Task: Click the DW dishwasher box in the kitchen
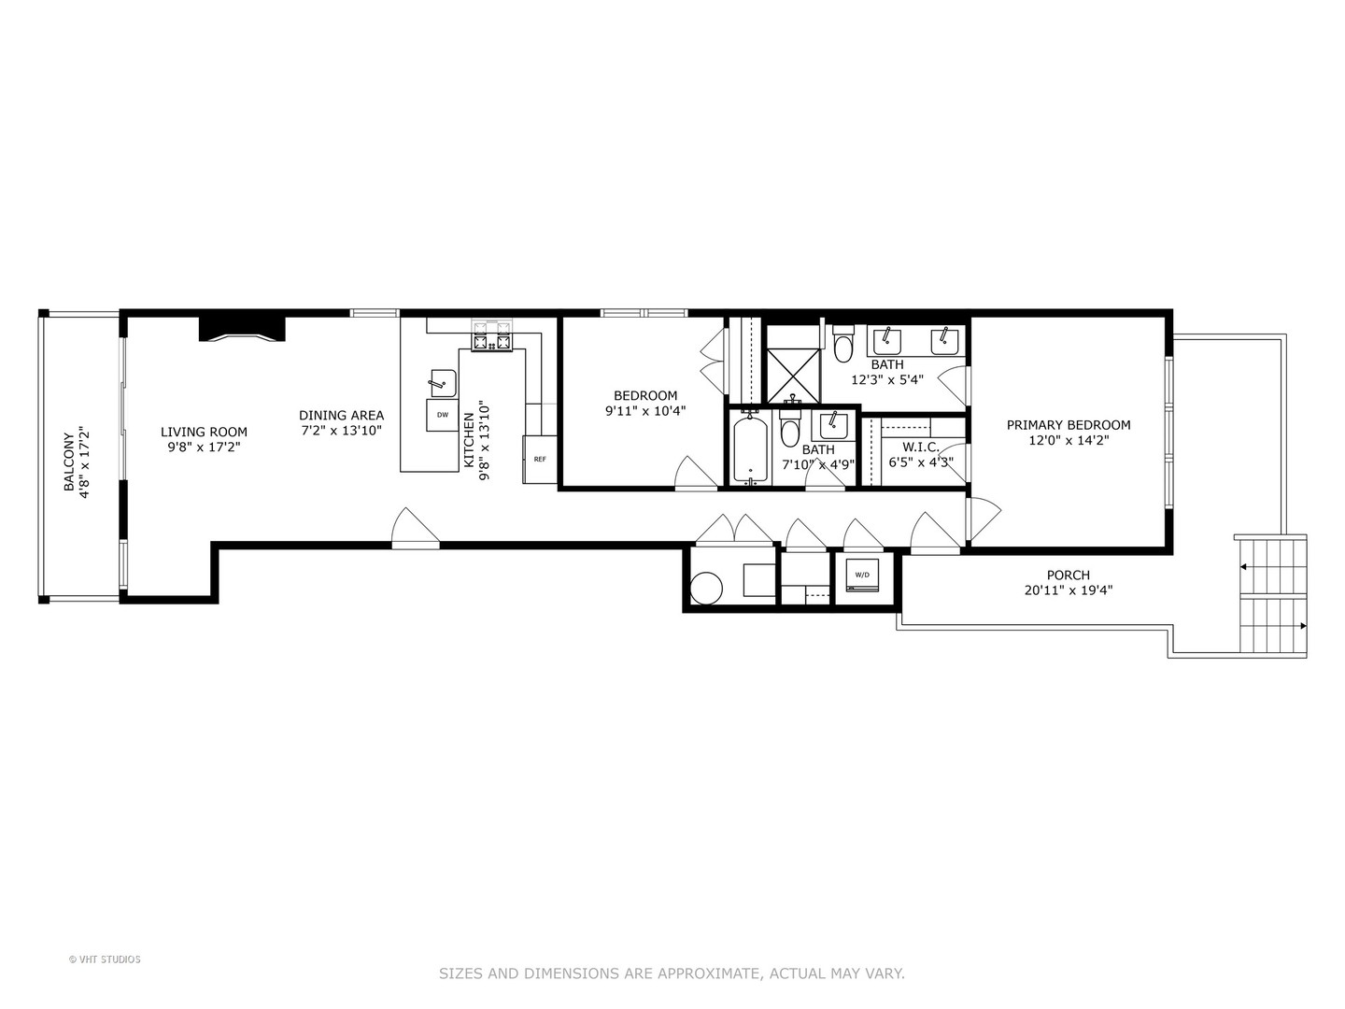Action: tap(442, 415)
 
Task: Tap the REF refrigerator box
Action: tap(539, 459)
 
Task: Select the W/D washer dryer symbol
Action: tap(861, 575)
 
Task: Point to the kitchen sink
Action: tap(443, 382)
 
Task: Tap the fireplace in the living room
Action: tap(242, 330)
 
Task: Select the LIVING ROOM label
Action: tap(204, 432)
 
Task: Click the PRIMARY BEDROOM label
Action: tap(1069, 425)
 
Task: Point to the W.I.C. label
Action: tap(921, 448)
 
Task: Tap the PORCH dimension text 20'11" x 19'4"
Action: tap(1069, 590)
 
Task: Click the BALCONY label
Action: tap(69, 462)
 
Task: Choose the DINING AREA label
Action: tap(341, 416)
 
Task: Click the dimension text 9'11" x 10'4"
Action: tap(645, 410)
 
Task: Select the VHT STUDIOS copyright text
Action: tap(105, 959)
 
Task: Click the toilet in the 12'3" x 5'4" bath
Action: tap(843, 346)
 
